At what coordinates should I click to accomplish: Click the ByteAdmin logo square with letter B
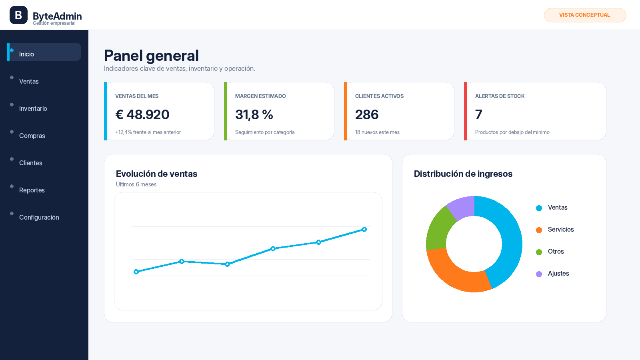[18, 15]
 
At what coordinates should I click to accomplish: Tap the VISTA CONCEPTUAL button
[585, 15]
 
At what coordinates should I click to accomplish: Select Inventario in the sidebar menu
[33, 108]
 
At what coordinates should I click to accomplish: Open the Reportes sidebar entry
[32, 190]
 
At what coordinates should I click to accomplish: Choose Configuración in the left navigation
[39, 218]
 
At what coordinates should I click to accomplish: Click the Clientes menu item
[30, 163]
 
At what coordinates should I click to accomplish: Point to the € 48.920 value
[142, 114]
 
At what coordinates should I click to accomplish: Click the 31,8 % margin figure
[254, 114]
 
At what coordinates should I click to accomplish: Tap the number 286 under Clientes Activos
[367, 114]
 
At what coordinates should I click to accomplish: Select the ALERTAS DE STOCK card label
[500, 96]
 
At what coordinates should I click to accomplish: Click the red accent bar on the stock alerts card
[466, 111]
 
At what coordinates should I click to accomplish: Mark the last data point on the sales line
[364, 230]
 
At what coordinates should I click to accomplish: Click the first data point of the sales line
[136, 272]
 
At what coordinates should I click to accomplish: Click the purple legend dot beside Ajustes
[539, 274]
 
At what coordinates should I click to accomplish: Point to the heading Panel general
[151, 56]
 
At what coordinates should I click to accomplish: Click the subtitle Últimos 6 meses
[136, 184]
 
